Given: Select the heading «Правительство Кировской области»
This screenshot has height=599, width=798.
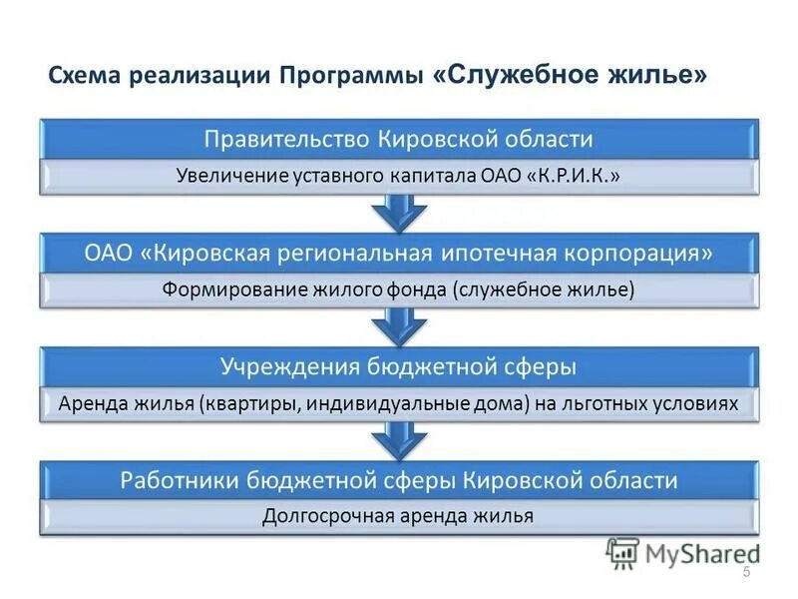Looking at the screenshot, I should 399,138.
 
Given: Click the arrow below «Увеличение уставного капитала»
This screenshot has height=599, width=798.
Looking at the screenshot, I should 399,212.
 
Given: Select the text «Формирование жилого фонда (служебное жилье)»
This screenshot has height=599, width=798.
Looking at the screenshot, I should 398,290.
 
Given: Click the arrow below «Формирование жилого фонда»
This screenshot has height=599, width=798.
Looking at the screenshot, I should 399,326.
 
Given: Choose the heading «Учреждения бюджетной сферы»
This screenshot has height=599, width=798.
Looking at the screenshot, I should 399,366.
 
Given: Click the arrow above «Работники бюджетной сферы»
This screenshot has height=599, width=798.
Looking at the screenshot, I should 399,440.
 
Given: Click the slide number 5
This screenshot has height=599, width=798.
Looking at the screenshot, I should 746,571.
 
